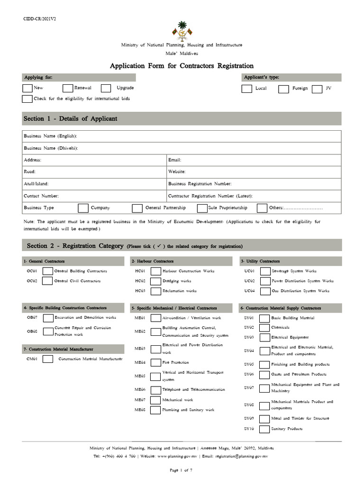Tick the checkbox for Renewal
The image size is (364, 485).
tap(68, 88)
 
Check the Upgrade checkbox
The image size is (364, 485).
tap(106, 88)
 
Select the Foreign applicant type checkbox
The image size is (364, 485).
tap(283, 89)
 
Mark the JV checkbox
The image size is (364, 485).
tap(317, 89)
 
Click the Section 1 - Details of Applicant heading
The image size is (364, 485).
tap(70, 118)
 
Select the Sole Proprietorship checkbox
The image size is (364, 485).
tap(202, 208)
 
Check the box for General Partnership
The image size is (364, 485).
tap(137, 208)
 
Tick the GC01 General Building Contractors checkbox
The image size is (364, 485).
tap(47, 271)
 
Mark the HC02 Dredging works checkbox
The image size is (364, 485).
tap(155, 281)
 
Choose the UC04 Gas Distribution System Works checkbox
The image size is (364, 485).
tap(265, 291)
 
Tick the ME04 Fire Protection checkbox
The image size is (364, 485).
tap(155, 362)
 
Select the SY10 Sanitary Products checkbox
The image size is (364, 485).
tap(265, 429)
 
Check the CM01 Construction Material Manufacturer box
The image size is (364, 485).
tap(47, 359)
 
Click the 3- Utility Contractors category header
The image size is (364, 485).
tap(260, 261)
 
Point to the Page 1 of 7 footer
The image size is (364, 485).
tap(182, 470)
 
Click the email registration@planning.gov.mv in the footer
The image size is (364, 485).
tap(242, 456)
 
